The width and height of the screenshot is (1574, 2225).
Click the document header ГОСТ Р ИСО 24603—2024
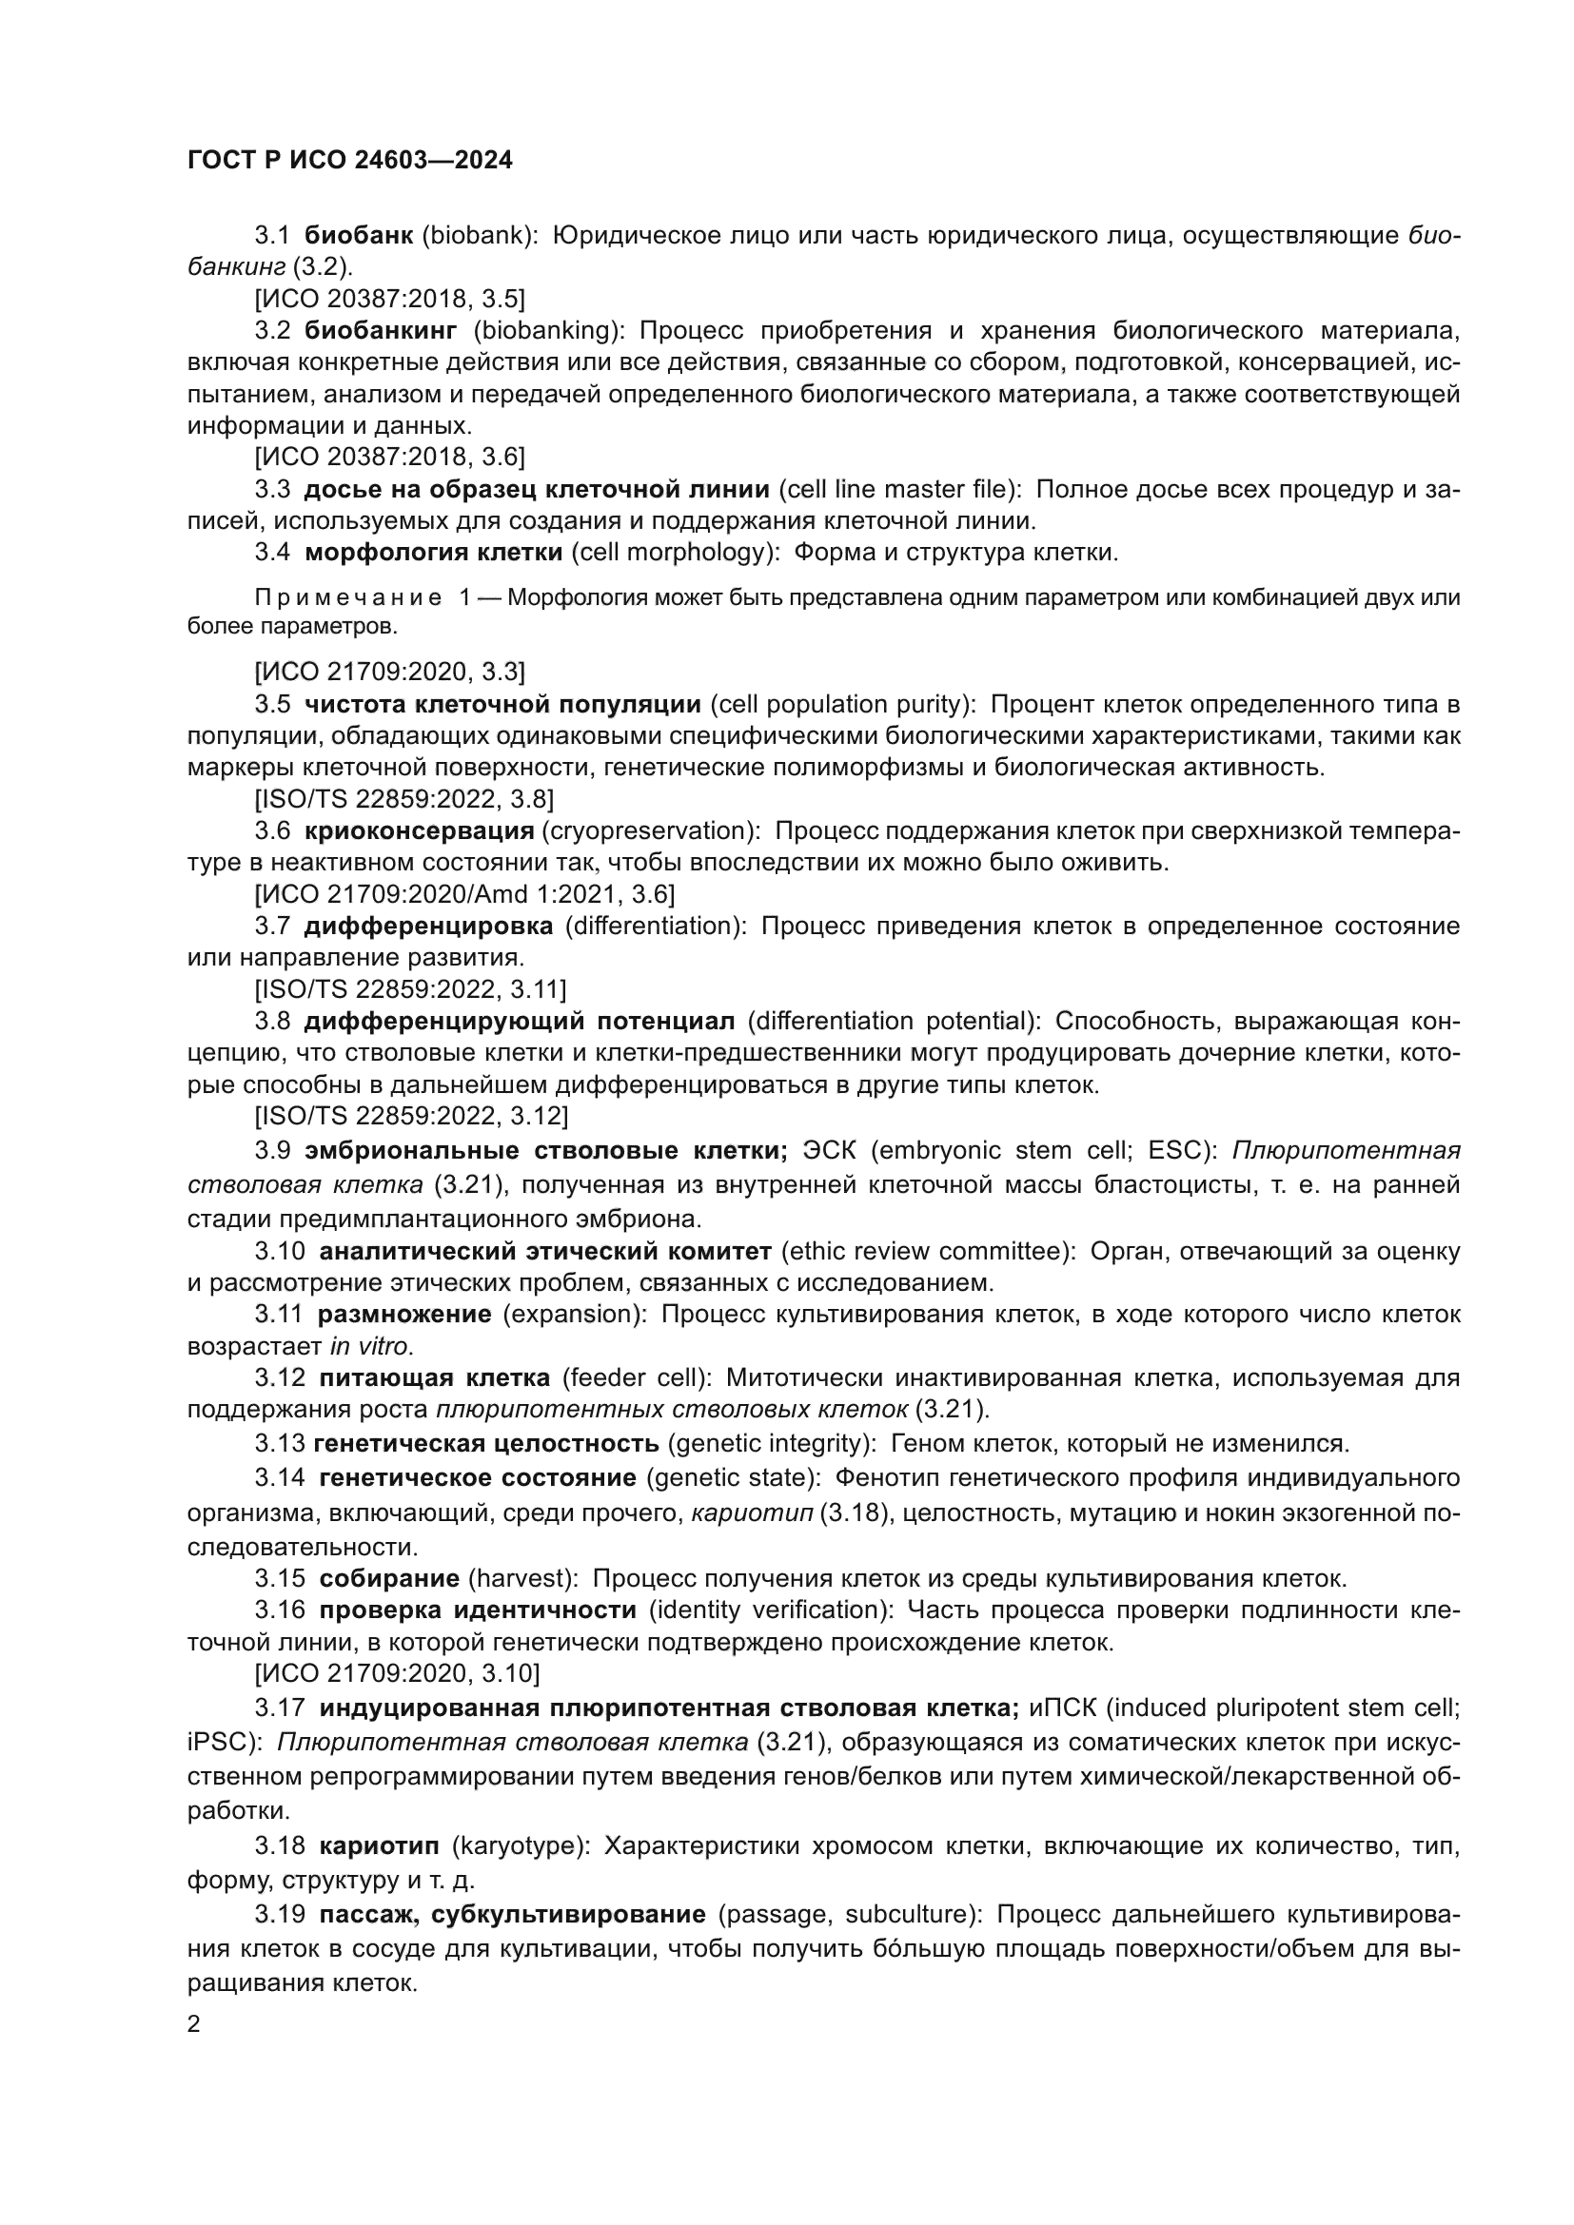(x=350, y=161)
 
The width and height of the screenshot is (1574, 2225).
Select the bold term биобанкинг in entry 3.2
(x=381, y=331)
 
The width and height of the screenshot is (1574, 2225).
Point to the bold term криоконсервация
(x=420, y=830)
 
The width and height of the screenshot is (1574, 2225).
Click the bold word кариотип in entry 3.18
(x=379, y=1845)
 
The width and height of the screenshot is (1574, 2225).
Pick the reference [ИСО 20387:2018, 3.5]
(x=389, y=299)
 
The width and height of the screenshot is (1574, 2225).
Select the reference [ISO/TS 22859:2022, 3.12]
(x=411, y=1116)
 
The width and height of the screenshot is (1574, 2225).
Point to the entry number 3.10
(x=280, y=1251)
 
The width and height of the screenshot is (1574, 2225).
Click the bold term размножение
(x=404, y=1314)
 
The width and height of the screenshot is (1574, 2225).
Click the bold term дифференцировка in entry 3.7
(x=428, y=926)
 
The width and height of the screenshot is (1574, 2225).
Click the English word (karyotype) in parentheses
(x=521, y=1845)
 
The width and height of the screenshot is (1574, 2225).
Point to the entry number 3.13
(x=280, y=1444)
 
